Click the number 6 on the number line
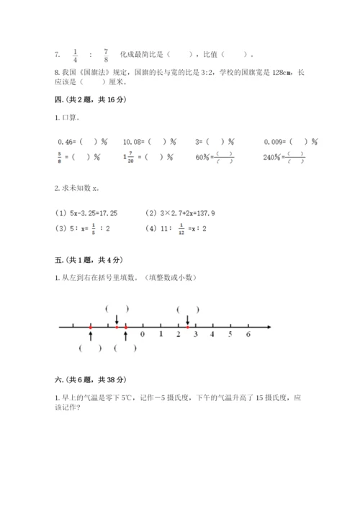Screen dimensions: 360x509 [248, 335]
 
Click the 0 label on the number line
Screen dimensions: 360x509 [143, 335]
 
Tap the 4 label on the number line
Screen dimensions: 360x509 [213, 335]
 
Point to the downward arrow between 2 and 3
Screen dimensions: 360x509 [188, 320]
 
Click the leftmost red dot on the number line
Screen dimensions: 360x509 [90, 328]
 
